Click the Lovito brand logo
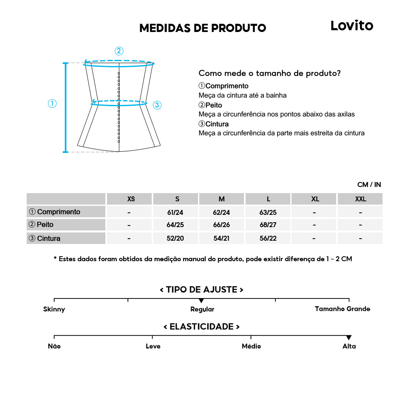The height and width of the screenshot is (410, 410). pos(352,26)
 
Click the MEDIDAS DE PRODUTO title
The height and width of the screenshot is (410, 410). pos(203,28)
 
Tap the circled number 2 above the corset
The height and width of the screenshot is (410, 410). pos(119,51)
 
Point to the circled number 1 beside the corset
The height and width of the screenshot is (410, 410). pos(52,104)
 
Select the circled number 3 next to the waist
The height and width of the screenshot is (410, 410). pos(157,105)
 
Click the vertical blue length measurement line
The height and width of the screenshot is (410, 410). pos(65,107)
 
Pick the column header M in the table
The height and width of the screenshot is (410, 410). pos(222,199)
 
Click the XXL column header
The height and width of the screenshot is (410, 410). pos(360,199)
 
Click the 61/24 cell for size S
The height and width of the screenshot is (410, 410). pos(176,212)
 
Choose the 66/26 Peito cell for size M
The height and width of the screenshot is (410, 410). pos(222,225)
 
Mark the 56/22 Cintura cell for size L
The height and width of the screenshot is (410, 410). pos(268,238)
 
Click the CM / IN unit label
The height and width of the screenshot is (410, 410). pos(369,185)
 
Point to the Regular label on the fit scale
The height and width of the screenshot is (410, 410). pos(202,309)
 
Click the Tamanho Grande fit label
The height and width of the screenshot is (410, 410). pos(342,309)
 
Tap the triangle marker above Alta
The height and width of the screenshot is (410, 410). pos(349,337)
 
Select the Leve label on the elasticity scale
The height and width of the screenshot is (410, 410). pos(153,346)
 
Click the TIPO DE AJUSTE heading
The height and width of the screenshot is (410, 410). pos(201,290)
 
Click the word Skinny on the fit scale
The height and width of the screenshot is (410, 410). pos(54,309)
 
